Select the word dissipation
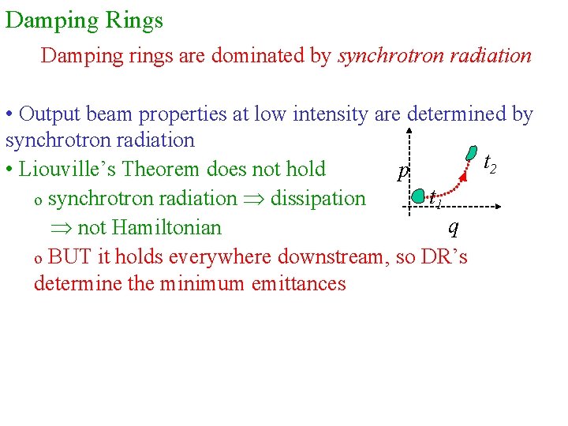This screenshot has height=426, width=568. point(318,198)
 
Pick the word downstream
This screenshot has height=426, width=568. point(329,256)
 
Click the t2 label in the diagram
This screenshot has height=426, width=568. point(489,163)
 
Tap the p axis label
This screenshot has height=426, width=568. point(403,171)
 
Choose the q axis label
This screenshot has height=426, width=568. point(452,227)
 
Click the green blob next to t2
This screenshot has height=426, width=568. point(471,152)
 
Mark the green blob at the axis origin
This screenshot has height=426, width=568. point(419,196)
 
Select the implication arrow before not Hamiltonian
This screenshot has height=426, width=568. point(61,228)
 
